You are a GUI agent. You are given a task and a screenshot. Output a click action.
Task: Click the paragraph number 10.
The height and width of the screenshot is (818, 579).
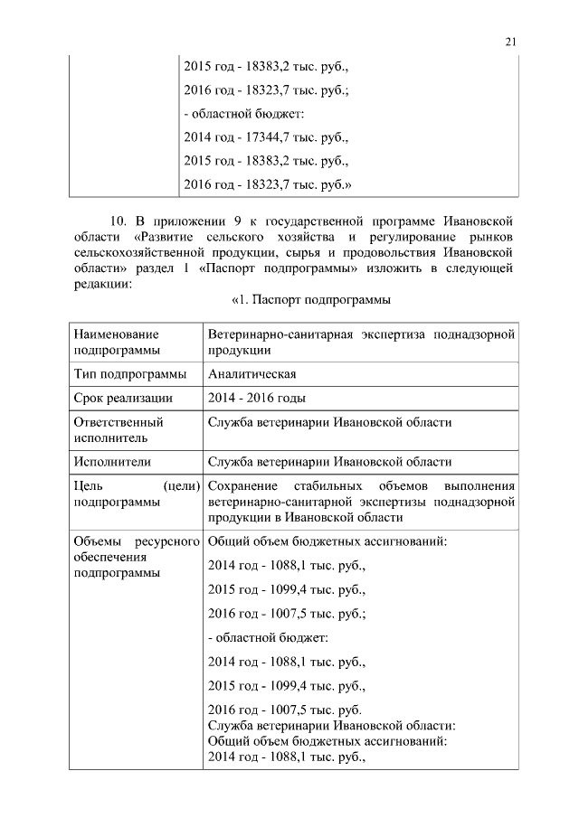118,221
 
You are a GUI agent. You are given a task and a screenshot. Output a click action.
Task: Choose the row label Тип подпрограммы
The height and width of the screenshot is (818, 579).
130,374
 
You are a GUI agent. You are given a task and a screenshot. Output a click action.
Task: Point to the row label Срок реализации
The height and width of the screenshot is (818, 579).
124,398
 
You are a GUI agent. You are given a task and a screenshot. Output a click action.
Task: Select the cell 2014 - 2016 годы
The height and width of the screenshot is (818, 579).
256,398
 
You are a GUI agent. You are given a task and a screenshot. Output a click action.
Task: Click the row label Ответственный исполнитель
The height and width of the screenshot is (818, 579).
118,429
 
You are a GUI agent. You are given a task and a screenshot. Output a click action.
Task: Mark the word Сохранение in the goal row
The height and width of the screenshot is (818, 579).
246,486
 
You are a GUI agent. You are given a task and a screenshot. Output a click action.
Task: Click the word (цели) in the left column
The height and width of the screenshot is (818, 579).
181,486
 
